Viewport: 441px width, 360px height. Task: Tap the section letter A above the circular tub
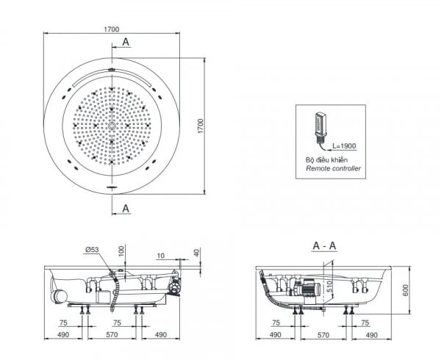coord(126,43)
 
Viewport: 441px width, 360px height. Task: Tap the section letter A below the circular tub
coord(126,209)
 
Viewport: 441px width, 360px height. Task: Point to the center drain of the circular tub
coord(112,127)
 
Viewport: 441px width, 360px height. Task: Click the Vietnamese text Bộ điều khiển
coord(326,159)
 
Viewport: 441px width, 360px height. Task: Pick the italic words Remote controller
coord(333,168)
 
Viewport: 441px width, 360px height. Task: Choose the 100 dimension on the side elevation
coord(121,251)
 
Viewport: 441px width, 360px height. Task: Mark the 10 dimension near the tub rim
coord(159,256)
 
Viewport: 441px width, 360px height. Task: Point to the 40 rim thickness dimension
coord(196,253)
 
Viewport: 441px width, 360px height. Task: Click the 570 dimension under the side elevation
coord(112,335)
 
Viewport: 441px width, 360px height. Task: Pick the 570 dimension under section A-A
coord(324,335)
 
